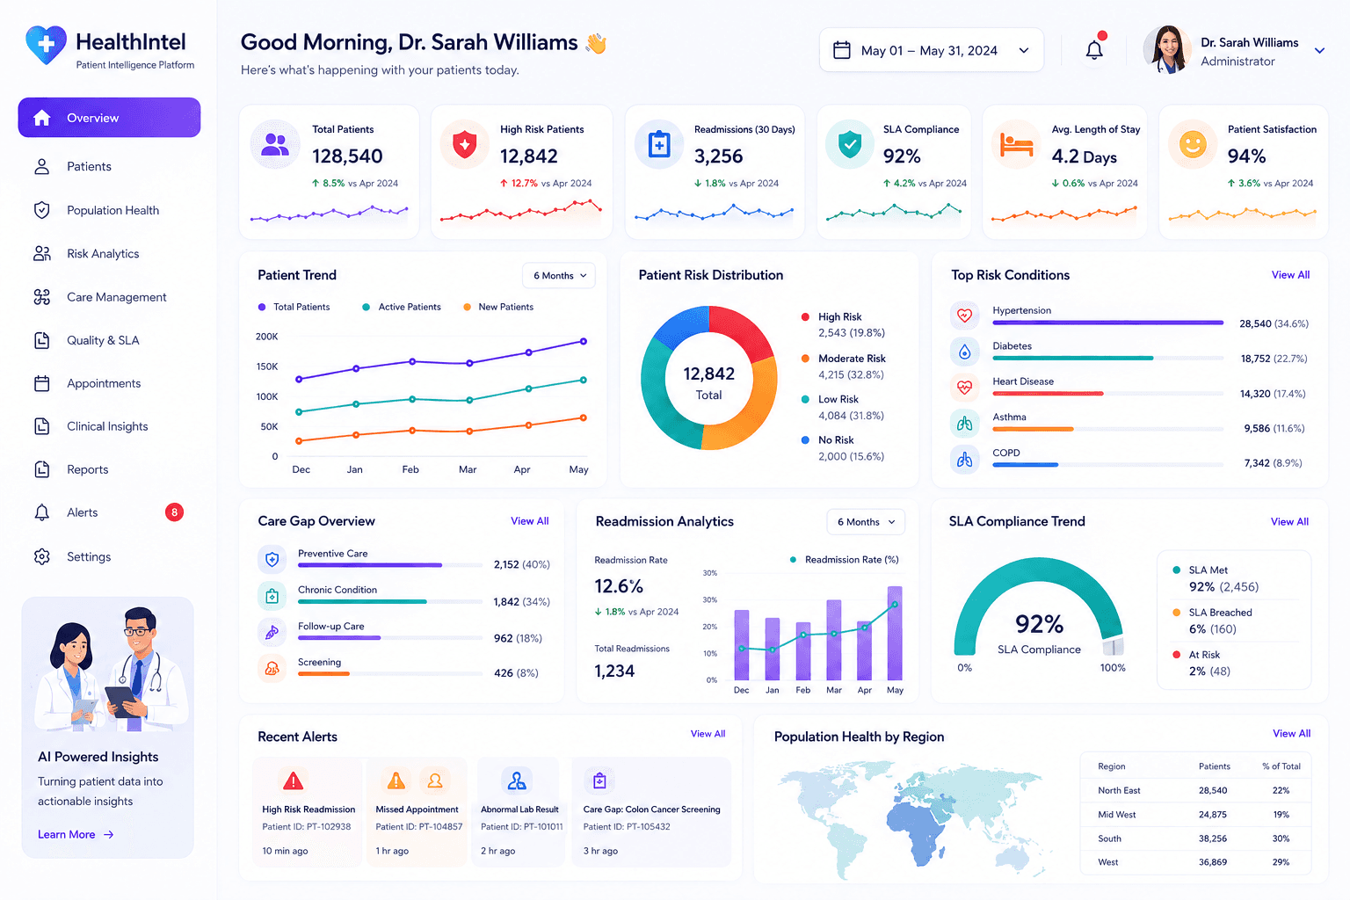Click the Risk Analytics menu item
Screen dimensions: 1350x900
tap(103, 254)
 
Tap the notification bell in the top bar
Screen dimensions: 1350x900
tap(1094, 49)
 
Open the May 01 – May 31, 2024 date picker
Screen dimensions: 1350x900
tap(931, 50)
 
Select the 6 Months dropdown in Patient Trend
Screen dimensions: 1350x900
tap(559, 275)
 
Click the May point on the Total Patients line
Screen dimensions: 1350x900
tap(584, 341)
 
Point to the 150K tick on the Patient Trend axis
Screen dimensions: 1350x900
tap(267, 367)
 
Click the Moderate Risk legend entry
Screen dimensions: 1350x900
tap(852, 359)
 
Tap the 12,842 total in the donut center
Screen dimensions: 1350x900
tap(708, 374)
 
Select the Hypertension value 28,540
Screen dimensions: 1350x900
tap(1255, 323)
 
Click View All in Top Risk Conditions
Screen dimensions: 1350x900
tap(1290, 275)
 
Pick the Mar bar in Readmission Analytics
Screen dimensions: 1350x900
tap(834, 640)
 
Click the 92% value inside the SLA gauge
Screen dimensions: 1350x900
tap(1039, 624)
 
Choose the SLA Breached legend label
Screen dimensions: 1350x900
tap(1220, 613)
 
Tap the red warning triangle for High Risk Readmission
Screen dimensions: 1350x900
tap(293, 780)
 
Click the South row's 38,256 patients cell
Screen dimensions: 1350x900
tap(1213, 838)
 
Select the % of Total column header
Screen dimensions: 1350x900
tap(1281, 766)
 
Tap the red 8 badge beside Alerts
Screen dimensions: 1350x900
tap(174, 512)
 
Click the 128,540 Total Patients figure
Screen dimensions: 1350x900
tap(347, 156)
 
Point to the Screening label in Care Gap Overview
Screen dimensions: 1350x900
tap(319, 662)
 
